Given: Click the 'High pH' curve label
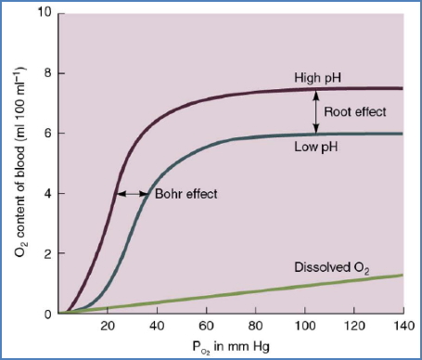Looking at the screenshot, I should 317,78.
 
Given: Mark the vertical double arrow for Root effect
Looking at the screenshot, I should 317,111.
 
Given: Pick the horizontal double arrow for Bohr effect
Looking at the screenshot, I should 134,194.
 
